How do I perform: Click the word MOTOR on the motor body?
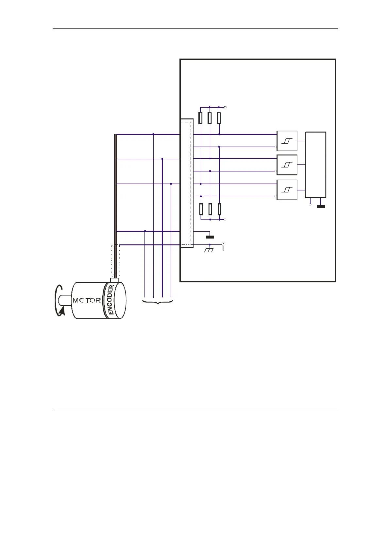pos(87,300)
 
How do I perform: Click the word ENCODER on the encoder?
pos(111,300)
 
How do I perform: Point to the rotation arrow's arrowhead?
pos(62,312)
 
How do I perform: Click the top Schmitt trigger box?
pos(287,141)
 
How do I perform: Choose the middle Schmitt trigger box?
pos(287,165)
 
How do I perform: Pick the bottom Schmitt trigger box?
pos(287,190)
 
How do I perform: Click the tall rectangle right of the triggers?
pos(315,165)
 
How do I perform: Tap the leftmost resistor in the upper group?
pos(201,118)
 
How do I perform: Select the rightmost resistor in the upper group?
pos(219,118)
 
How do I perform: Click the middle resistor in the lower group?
pos(210,209)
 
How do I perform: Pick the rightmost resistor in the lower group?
pos(219,209)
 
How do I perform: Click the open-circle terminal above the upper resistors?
pos(226,107)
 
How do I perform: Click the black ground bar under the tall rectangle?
pos(321,206)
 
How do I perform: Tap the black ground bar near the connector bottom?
pos(210,237)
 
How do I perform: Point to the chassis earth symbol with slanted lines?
pos(209,250)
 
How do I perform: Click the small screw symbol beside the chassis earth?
pos(223,246)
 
